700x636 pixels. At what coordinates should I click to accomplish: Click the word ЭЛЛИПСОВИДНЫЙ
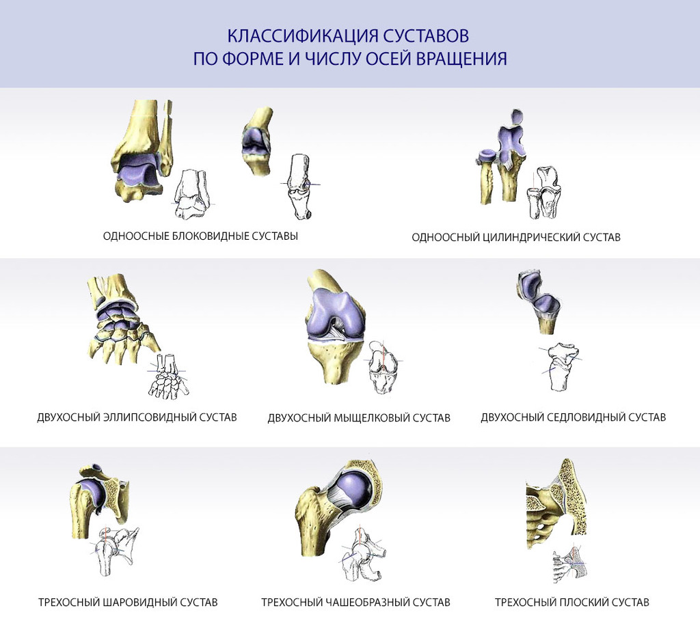tap(150, 417)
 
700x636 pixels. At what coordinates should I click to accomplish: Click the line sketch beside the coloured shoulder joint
tap(114, 551)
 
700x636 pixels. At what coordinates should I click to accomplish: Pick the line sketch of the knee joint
tap(383, 367)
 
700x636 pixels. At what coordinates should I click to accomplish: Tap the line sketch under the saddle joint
tap(561, 366)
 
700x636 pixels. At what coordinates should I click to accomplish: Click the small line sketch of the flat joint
tap(570, 564)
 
